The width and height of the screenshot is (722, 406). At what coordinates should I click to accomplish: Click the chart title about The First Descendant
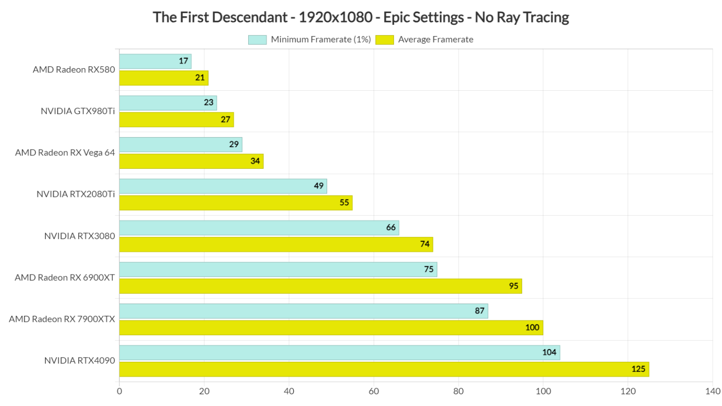[x=361, y=17]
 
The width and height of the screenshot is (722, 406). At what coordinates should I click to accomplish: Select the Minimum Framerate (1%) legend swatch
[x=257, y=40]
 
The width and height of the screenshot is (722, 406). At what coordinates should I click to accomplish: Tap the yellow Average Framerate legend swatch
[x=385, y=40]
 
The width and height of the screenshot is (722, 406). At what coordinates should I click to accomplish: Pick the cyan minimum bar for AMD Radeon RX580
[x=155, y=61]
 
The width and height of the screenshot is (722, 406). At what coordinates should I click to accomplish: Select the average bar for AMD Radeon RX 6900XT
[x=320, y=286]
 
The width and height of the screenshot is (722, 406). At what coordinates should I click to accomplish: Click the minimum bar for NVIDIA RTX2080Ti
[x=223, y=186]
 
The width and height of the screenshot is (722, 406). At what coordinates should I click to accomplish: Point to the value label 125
[x=638, y=369]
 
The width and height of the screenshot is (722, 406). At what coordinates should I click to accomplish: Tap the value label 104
[x=549, y=352]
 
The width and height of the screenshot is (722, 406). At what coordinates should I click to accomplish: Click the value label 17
[x=183, y=61]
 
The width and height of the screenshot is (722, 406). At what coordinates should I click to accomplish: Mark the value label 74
[x=424, y=244]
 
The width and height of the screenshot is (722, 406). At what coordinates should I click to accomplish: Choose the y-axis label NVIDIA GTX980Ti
[x=78, y=111]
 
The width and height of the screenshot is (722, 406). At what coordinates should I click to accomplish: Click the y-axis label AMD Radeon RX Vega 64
[x=65, y=153]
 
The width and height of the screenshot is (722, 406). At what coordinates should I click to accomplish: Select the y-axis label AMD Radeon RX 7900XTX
[x=62, y=319]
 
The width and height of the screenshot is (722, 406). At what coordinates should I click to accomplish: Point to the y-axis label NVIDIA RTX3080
[x=79, y=236]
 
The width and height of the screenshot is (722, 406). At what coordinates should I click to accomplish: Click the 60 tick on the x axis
[x=374, y=391]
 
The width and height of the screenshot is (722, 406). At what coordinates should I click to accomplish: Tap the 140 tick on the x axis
[x=713, y=391]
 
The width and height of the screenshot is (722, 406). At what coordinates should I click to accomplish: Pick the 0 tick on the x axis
[x=119, y=391]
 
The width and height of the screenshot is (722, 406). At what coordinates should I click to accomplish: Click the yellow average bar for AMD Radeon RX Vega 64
[x=191, y=161]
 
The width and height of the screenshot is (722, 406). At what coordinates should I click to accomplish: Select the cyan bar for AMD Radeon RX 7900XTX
[x=303, y=311]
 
